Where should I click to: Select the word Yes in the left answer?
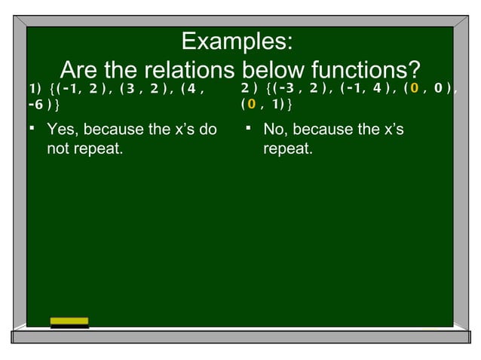[x=61, y=130]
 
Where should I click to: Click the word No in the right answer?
[x=274, y=130]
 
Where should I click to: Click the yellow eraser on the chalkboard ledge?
[x=69, y=322]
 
